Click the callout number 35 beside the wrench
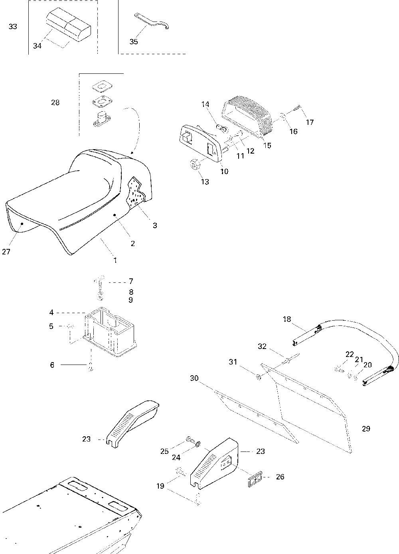(134, 41)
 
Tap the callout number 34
(37, 46)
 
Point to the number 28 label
(55, 103)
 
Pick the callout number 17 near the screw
(310, 122)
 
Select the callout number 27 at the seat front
(6, 252)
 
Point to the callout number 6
(52, 365)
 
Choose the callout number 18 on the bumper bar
(287, 319)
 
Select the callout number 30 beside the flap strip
(194, 378)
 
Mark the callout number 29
(366, 429)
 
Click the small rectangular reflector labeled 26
(255, 478)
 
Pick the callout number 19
(160, 486)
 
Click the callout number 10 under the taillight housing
(224, 172)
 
